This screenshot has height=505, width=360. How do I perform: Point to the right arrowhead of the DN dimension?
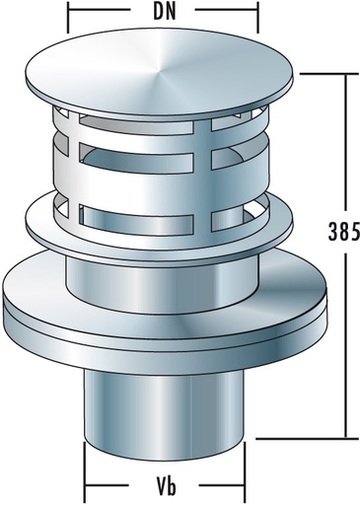252,17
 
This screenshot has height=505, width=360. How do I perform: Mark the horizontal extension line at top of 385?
321,72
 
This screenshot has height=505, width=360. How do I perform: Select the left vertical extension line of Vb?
85,473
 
